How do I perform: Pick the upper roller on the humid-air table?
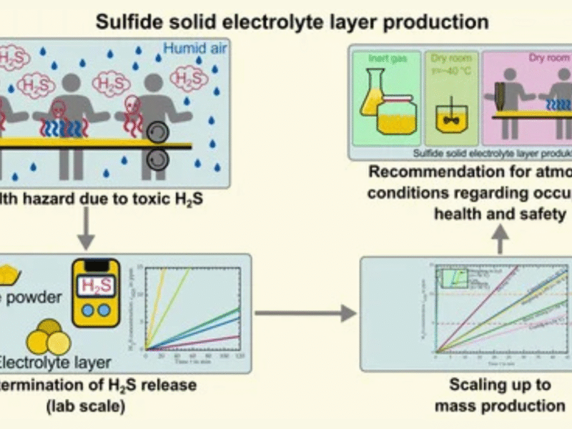click(x=155, y=134)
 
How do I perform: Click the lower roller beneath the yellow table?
click(x=155, y=162)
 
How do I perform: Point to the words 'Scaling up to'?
click(x=500, y=385)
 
